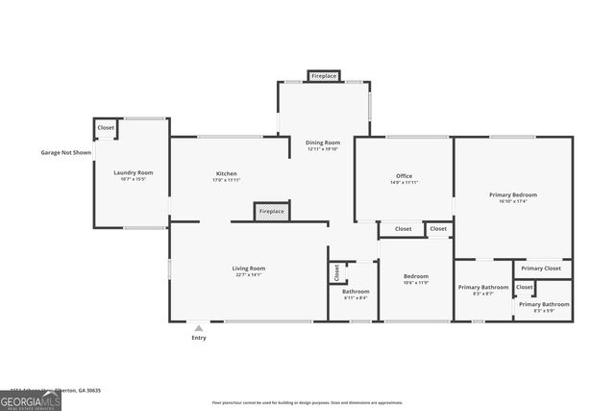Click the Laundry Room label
tap(133, 172)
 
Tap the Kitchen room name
tap(227, 174)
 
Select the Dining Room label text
tap(324, 142)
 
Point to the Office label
tap(404, 176)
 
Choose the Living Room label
tap(248, 268)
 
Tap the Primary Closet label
tap(541, 269)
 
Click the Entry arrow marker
tap(199, 329)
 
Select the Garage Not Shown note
tap(66, 152)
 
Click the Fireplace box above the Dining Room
tap(324, 75)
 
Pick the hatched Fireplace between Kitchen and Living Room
tap(272, 211)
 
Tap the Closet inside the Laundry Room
tap(106, 127)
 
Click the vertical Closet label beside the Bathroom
tap(336, 272)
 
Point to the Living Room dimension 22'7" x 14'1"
tap(248, 275)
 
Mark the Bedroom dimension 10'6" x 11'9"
tap(416, 283)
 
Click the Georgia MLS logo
tap(31, 399)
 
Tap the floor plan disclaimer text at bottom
tap(307, 403)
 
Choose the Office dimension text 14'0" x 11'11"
tap(404, 183)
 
